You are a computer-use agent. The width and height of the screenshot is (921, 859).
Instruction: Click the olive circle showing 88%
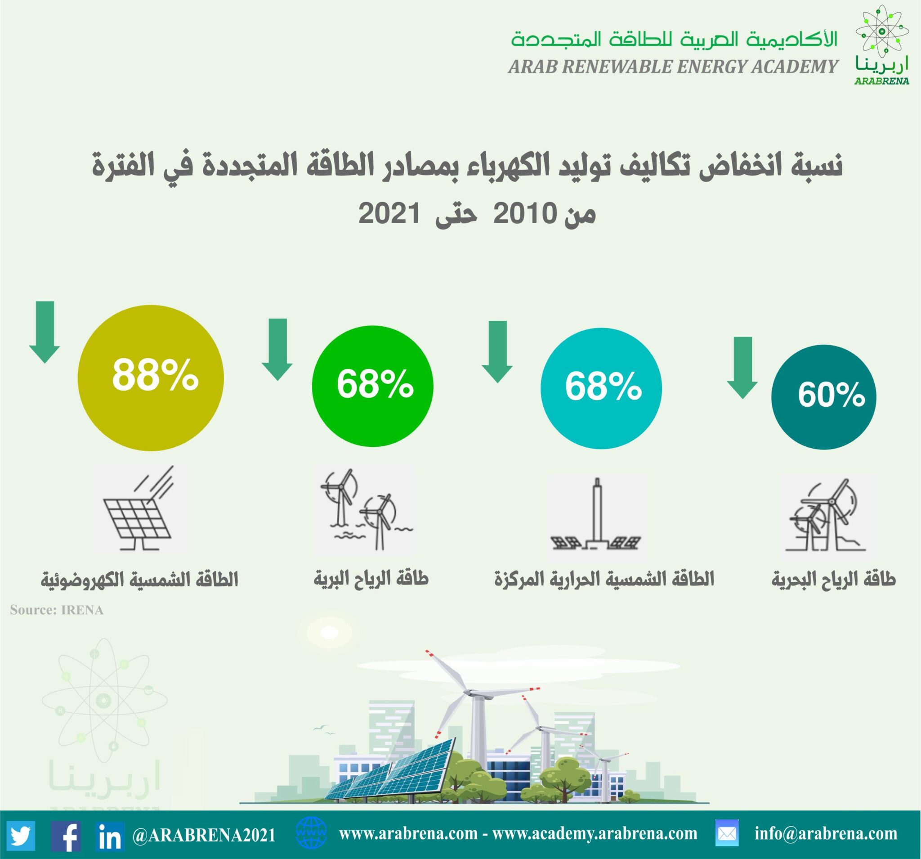(151, 378)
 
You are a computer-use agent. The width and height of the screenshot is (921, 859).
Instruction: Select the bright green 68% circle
(372, 386)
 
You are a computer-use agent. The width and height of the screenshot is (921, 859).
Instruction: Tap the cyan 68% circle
(601, 388)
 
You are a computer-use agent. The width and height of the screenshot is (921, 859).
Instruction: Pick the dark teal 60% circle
(824, 397)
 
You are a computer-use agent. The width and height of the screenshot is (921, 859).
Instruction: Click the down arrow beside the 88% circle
(45, 332)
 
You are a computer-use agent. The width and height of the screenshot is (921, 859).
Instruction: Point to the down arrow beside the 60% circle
(742, 368)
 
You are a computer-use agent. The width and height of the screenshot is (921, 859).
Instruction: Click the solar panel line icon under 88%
(141, 509)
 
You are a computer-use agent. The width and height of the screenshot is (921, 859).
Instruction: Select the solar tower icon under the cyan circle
(597, 514)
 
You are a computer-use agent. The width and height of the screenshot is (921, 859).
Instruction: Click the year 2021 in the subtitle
(389, 214)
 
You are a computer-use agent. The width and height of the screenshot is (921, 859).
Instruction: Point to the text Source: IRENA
(57, 610)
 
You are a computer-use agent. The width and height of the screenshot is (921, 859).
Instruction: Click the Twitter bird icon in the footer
(21, 834)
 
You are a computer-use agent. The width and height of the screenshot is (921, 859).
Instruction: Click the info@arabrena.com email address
(826, 833)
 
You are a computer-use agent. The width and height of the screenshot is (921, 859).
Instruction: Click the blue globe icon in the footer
(311, 832)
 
